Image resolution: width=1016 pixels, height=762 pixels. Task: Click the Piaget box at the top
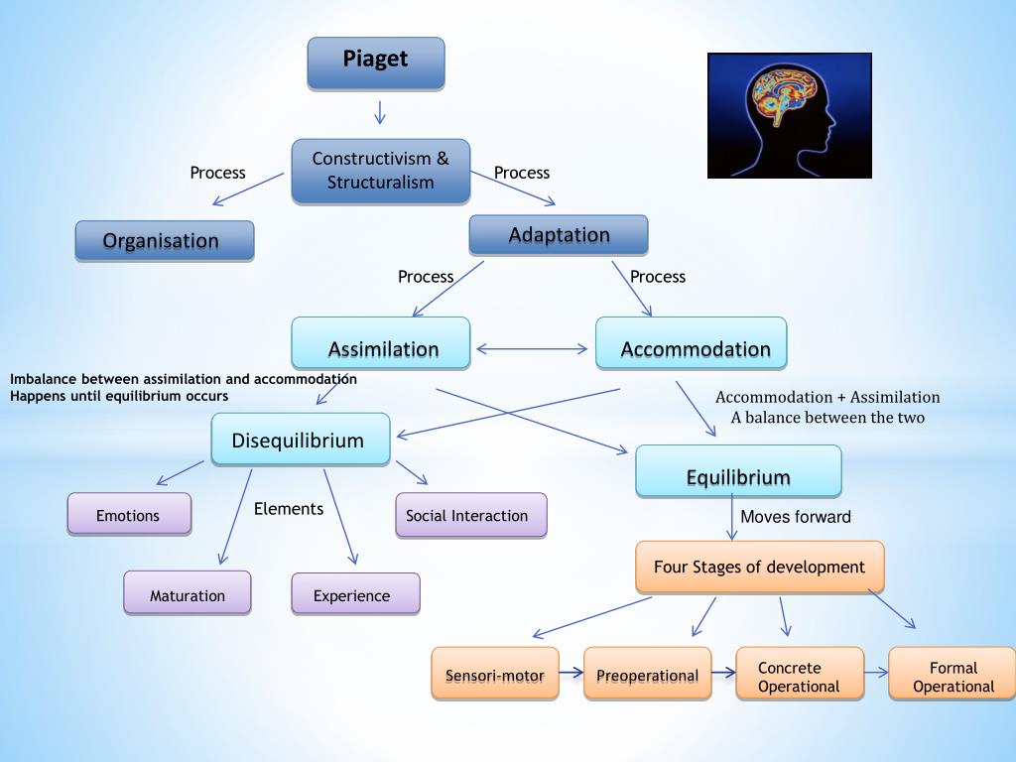tap(376, 63)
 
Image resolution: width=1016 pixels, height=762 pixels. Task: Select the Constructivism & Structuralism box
tap(380, 171)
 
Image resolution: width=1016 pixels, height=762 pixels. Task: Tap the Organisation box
tap(165, 240)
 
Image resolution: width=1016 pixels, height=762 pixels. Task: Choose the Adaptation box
tap(559, 235)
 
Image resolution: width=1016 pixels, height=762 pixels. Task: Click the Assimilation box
tap(381, 343)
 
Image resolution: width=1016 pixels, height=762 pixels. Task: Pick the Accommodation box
tap(692, 343)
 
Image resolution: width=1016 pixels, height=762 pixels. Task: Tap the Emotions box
tap(129, 514)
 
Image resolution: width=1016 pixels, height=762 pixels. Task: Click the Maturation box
tap(188, 592)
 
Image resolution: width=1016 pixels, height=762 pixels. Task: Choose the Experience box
tap(355, 593)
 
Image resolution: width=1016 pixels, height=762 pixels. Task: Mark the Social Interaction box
tap(470, 515)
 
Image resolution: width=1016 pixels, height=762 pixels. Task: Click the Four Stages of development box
tap(759, 567)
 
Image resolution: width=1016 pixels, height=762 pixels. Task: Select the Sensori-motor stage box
tap(495, 674)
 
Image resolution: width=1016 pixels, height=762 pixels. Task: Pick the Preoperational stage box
tap(647, 674)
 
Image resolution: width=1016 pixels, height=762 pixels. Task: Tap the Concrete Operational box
tap(800, 674)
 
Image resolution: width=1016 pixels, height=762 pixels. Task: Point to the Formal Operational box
tap(952, 674)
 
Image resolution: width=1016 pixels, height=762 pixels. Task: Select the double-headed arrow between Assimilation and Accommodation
tap(533, 348)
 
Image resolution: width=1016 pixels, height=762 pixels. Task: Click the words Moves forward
tap(796, 517)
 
